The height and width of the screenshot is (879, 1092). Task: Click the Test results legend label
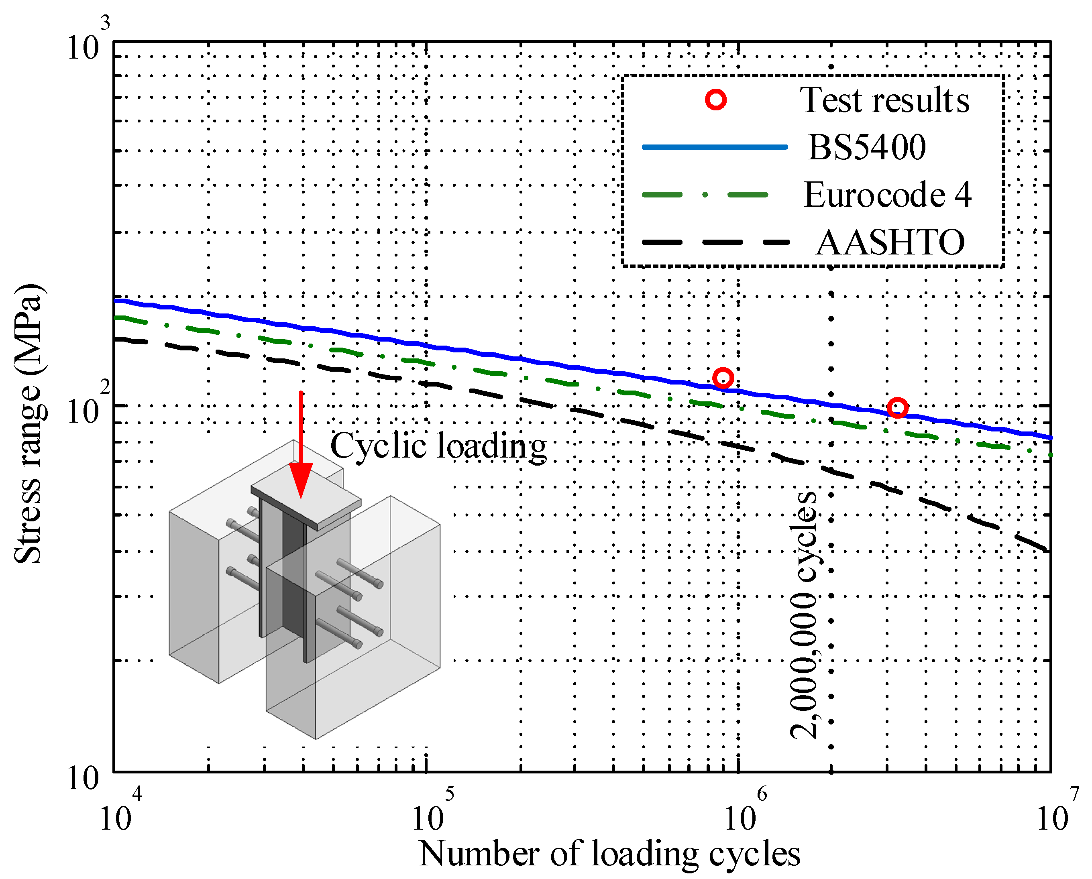pyautogui.click(x=884, y=100)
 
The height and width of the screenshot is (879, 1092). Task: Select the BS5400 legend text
pyautogui.click(x=867, y=147)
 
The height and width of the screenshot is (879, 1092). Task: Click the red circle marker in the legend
pyautogui.click(x=716, y=100)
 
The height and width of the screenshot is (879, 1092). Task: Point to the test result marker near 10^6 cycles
pyautogui.click(x=722, y=378)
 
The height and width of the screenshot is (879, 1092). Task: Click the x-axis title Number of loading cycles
pyautogui.click(x=609, y=854)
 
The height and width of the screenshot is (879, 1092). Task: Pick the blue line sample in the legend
pyautogui.click(x=715, y=147)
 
